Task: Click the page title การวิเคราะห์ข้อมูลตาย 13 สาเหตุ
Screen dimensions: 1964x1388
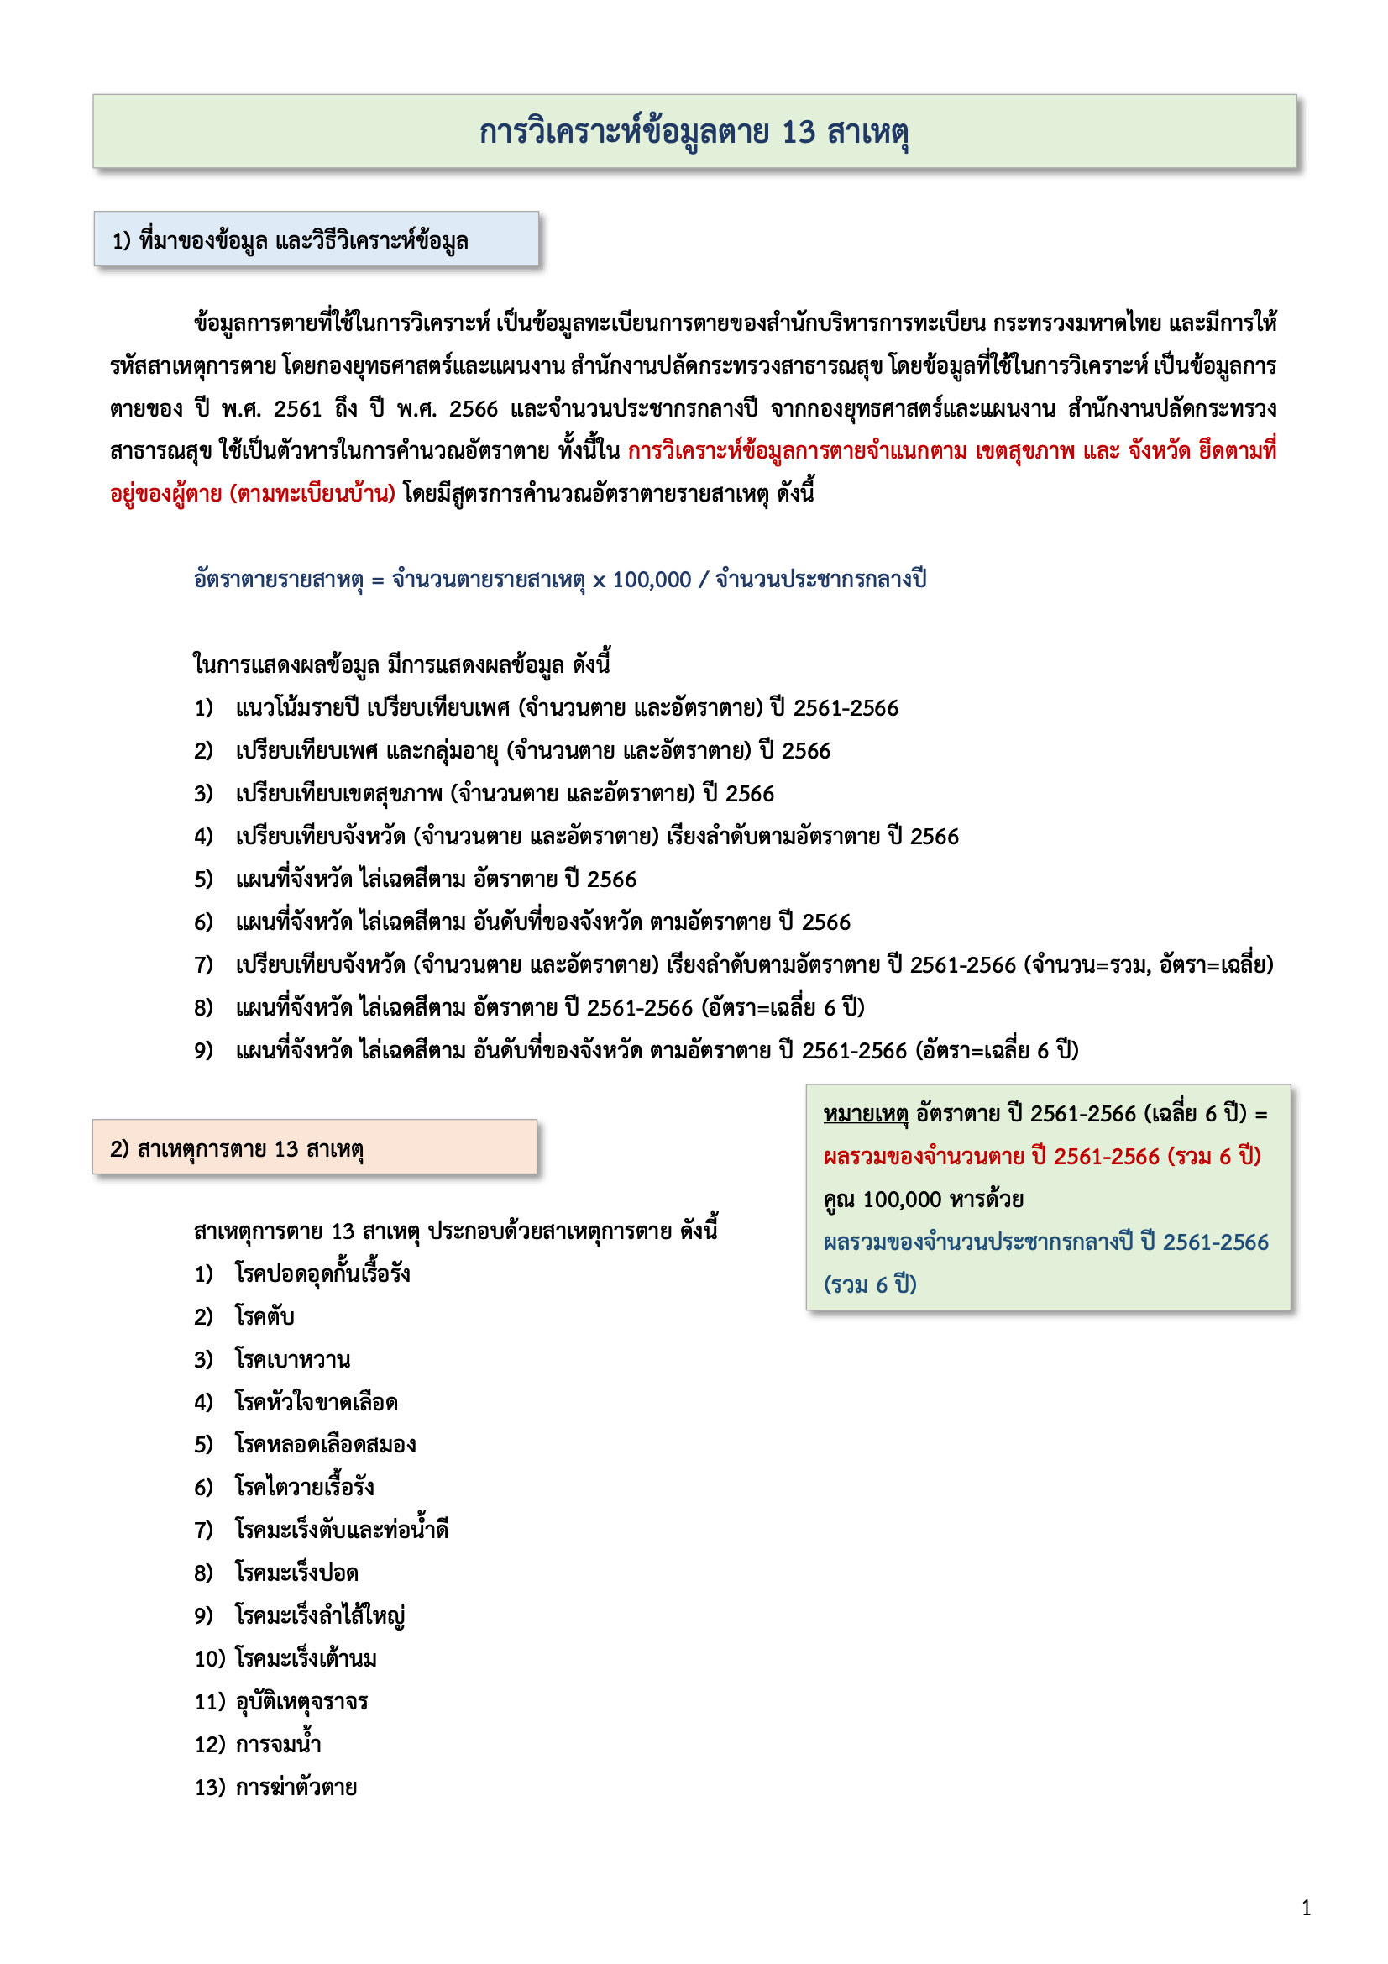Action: coord(694,133)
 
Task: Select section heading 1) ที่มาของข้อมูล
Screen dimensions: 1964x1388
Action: coord(290,241)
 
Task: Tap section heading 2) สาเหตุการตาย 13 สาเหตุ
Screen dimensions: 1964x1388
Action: coord(236,1149)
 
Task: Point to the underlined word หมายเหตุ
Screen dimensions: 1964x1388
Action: coord(865,1114)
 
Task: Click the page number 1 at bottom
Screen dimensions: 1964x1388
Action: coord(1306,1908)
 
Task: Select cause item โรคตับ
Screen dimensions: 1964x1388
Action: coord(265,1316)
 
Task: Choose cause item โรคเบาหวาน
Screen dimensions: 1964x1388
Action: coord(292,1359)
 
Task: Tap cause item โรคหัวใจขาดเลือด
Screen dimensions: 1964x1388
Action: coord(317,1402)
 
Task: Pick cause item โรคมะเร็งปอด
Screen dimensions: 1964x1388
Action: coord(296,1573)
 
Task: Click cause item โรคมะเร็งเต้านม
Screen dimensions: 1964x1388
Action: coord(306,1658)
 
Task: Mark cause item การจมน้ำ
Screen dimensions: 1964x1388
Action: coord(278,1744)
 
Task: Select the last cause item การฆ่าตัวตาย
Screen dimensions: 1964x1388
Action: coord(296,1787)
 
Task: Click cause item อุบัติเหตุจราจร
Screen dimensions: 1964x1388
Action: coord(301,1701)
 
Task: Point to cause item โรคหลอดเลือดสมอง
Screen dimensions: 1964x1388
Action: coord(326,1445)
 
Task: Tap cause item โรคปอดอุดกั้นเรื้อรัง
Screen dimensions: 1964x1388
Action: coord(322,1273)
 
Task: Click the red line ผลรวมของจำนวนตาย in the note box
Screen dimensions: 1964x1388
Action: coord(1042,1157)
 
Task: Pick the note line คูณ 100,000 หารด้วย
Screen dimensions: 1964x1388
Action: coord(924,1200)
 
